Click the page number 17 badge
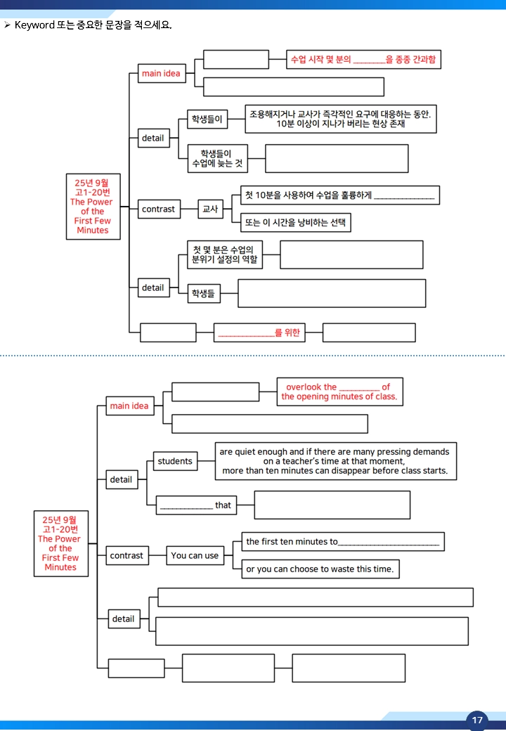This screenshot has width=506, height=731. click(476, 720)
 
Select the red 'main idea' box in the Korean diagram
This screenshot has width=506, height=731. click(161, 74)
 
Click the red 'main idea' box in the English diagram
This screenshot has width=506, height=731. click(129, 406)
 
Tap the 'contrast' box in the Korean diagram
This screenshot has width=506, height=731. click(159, 209)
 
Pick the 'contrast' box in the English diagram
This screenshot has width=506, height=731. click(126, 556)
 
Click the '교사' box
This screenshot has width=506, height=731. click(211, 209)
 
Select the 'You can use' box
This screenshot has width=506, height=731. click(195, 556)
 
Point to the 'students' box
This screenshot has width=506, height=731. click(175, 461)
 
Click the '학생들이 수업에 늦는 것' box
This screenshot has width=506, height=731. click(218, 159)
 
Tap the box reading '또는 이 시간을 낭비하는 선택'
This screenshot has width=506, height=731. click(296, 223)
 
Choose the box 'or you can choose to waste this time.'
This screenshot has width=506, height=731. click(320, 569)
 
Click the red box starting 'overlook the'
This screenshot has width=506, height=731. click(339, 392)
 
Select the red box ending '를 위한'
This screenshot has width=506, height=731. click(259, 333)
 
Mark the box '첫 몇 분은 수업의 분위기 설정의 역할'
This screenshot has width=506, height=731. click(225, 255)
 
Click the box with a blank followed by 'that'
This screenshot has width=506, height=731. click(196, 505)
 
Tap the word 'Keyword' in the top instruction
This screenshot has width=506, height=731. click(34, 25)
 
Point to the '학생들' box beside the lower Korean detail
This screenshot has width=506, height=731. click(204, 294)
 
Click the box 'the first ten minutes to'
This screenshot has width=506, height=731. click(343, 542)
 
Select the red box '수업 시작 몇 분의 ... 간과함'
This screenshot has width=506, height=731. click(363, 60)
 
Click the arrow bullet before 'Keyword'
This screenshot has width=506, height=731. click(7, 25)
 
